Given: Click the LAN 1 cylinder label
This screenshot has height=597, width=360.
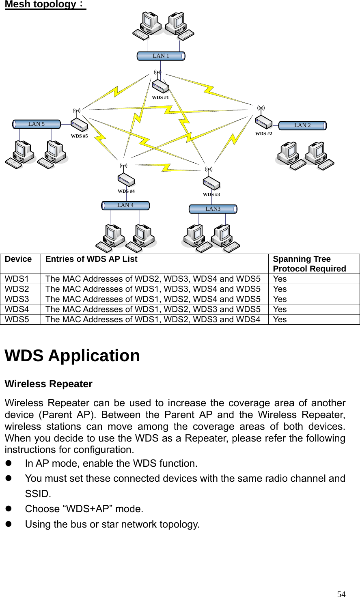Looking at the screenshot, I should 161,56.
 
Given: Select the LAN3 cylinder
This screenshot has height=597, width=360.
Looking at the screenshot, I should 213,209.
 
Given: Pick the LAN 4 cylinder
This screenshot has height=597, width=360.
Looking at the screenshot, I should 125,205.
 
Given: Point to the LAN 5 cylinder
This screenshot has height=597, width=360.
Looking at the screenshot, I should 37,124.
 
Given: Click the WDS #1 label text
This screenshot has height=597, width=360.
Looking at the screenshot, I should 160,98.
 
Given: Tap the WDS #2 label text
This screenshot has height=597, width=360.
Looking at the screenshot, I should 264,134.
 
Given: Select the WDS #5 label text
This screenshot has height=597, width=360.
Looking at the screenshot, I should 79,136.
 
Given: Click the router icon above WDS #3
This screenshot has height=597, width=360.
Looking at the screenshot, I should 211,183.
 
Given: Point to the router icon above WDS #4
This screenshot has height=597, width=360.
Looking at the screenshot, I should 126,180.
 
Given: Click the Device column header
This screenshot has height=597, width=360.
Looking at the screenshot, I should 18,259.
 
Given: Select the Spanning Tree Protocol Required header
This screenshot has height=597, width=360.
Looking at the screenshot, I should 309,264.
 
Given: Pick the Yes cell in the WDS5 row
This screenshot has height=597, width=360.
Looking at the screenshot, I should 280,319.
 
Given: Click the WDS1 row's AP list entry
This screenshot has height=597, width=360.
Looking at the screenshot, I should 153,279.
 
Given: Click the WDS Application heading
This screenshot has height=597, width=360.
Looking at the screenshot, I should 72,356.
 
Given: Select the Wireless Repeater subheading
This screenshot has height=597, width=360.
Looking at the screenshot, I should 48,384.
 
